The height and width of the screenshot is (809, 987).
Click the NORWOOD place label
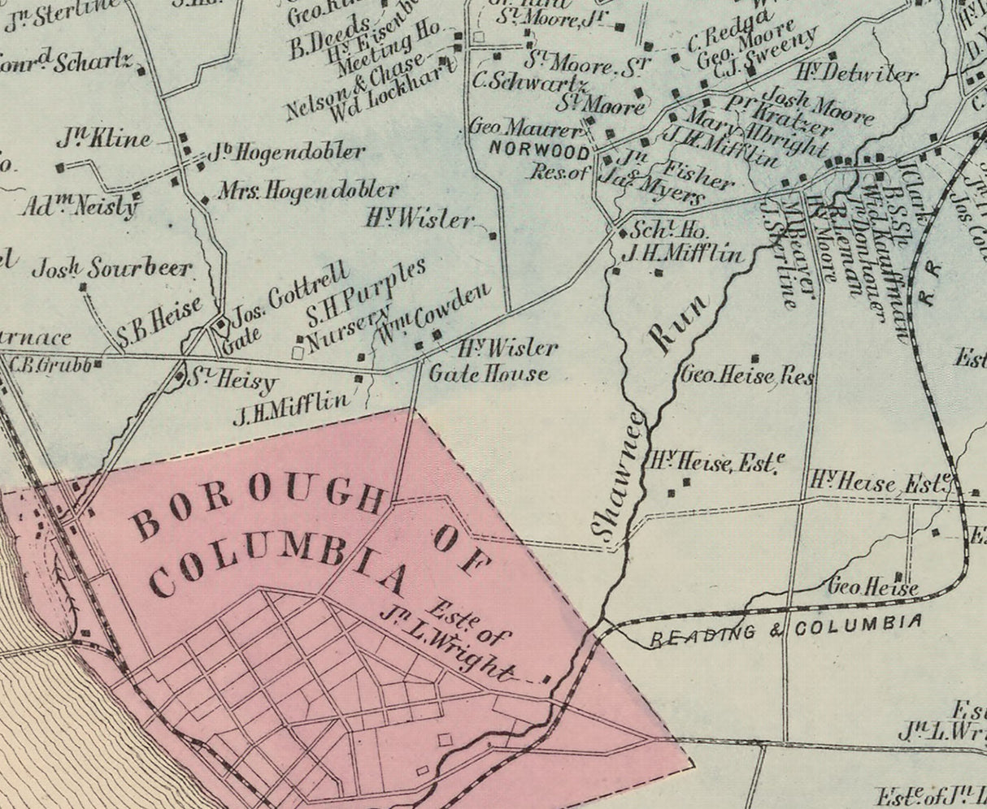coord(540,151)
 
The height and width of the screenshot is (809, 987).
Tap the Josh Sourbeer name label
coord(112,267)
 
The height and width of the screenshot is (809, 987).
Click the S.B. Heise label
coord(159,322)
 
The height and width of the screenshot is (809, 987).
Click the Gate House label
coord(488,374)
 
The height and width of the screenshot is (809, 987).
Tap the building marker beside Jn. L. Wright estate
coord(546,679)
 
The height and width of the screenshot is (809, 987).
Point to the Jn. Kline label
coord(103,139)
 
